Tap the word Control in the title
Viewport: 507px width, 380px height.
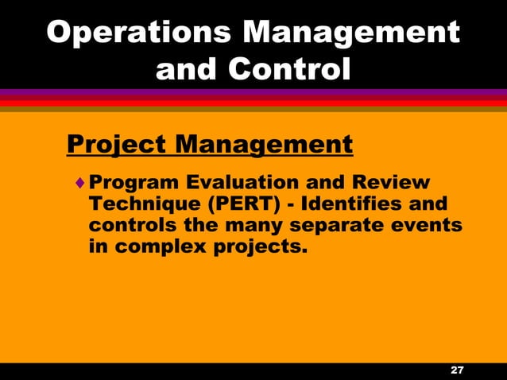289,69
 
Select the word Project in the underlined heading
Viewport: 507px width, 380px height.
114,145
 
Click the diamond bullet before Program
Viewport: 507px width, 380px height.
79,183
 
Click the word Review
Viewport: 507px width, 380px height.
386,183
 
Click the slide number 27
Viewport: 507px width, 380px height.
457,371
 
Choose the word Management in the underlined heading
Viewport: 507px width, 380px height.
263,145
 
